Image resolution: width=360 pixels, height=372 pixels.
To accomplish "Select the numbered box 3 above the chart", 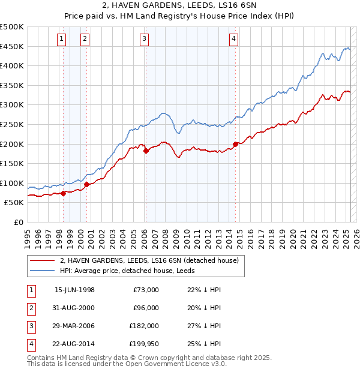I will coord(145,40).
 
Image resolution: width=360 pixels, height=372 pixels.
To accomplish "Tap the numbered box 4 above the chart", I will coord(233,40).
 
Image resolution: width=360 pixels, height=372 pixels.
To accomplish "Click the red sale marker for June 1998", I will coord(64,193).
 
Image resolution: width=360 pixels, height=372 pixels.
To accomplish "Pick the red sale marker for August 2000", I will coord(87,184).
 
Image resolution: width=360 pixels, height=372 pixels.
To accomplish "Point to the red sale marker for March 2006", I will coord(146,151).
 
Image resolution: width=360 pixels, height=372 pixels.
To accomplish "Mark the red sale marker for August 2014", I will coord(235,144).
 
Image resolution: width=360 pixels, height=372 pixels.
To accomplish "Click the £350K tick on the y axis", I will coord(12,86).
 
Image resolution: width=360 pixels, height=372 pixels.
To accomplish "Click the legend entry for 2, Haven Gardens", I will coord(149,260).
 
